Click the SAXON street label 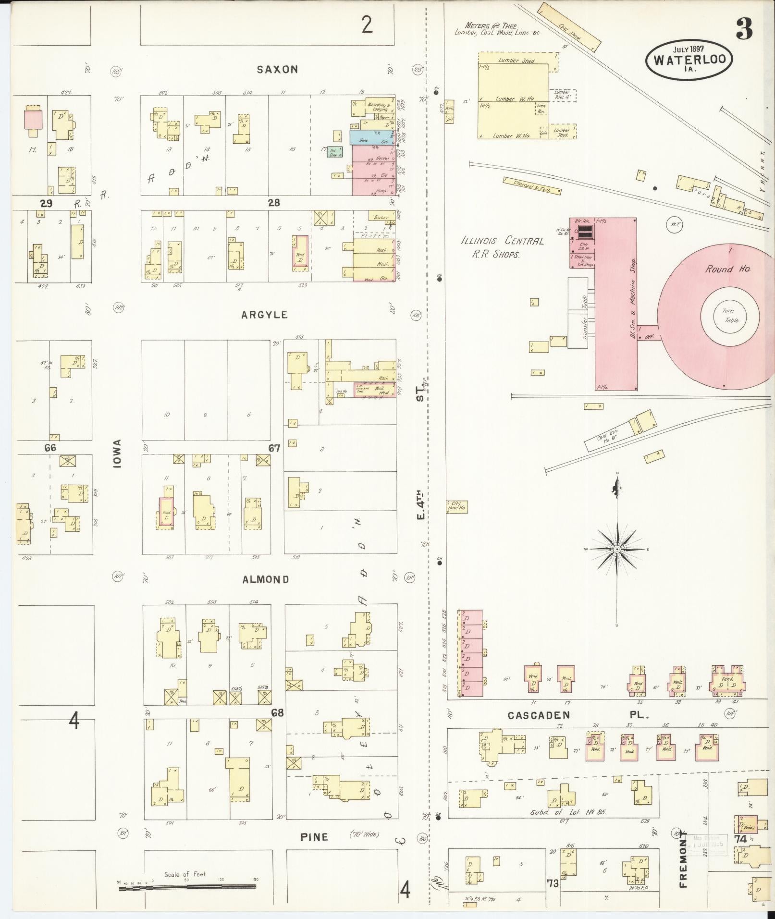277,70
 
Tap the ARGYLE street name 265,315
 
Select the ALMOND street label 266,579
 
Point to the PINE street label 314,837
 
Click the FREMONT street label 683,862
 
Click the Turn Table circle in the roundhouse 730,316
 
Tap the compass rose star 617,549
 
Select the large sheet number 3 744,31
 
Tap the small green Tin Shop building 335,153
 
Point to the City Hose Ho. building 457,507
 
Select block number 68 277,713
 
